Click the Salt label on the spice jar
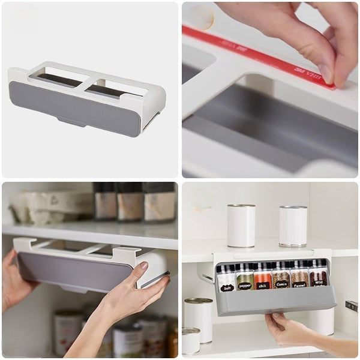pos(226,287)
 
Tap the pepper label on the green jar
pos(244,287)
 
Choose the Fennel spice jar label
pos(299,285)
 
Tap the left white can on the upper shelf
pos(241,225)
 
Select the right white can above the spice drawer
pos(293,226)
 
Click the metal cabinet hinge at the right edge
pos(352,305)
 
